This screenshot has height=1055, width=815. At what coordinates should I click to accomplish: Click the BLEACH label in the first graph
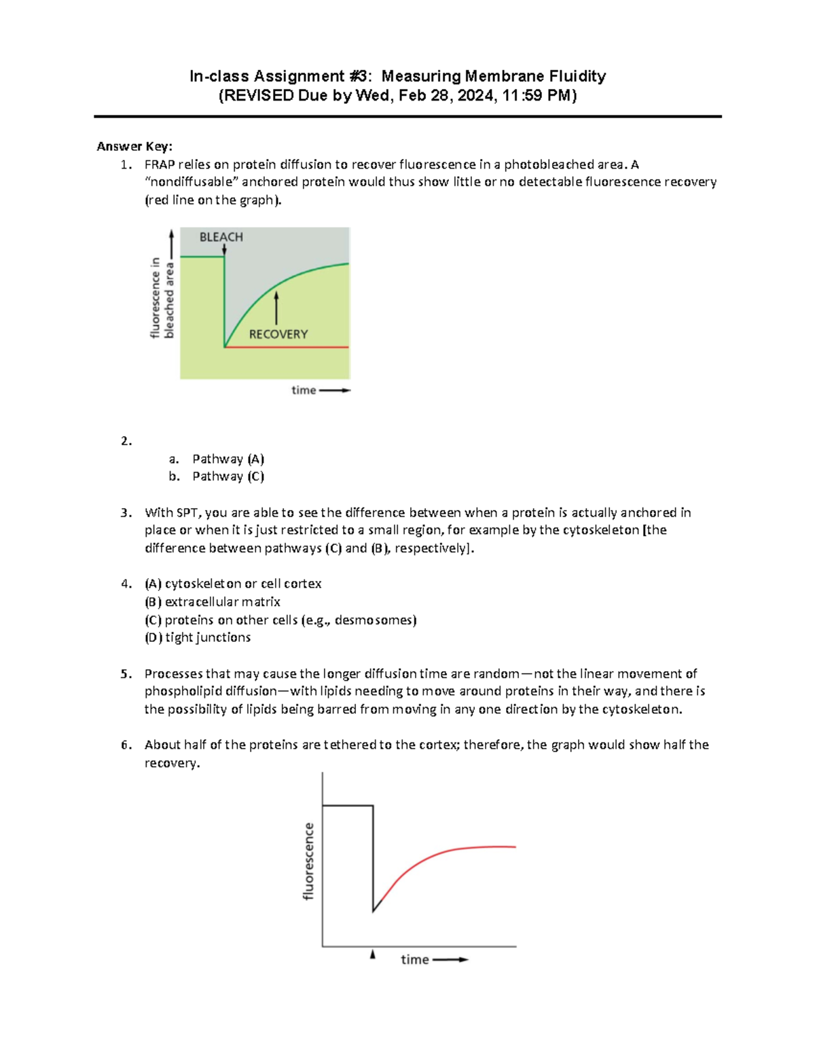click(x=221, y=237)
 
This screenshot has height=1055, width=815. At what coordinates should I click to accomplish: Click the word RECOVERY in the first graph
click(x=278, y=334)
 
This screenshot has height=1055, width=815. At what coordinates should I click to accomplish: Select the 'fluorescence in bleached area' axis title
click(x=162, y=298)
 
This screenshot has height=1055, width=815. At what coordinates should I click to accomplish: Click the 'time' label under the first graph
click(x=304, y=390)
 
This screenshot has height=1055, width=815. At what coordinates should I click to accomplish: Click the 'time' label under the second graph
click(x=414, y=959)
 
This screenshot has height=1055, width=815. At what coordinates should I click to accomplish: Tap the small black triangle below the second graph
click(x=373, y=954)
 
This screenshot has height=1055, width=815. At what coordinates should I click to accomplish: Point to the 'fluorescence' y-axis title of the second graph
click(x=309, y=861)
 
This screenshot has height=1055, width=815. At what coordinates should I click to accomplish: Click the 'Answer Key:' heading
click(x=134, y=146)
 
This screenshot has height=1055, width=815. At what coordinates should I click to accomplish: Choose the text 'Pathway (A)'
click(x=228, y=459)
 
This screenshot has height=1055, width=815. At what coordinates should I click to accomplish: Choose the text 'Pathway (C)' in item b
click(x=228, y=476)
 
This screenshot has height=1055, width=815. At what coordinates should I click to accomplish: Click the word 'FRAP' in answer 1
click(x=160, y=164)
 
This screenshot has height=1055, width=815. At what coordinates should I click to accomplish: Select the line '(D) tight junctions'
click(x=198, y=637)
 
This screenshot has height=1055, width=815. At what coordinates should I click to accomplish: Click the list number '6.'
click(x=126, y=745)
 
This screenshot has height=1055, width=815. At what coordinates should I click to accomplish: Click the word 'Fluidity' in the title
click(x=577, y=76)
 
